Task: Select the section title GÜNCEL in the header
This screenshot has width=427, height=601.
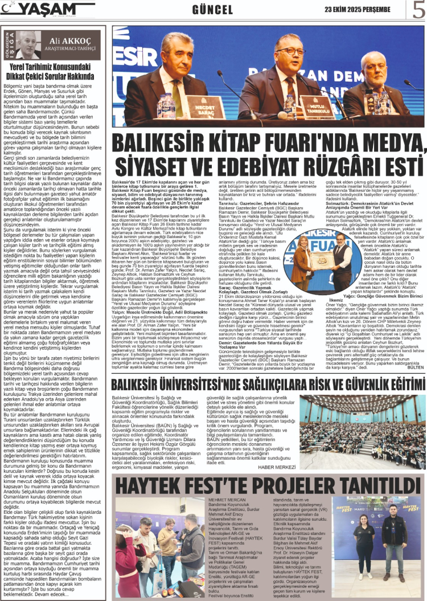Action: [212, 10]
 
